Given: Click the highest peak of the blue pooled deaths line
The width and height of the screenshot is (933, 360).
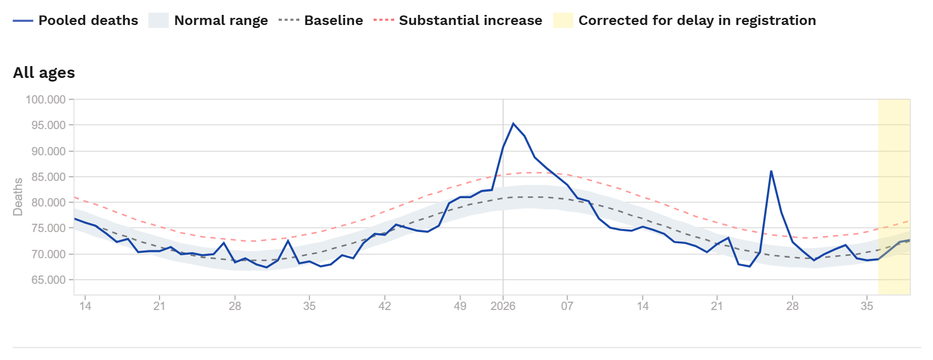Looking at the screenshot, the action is click(513, 123).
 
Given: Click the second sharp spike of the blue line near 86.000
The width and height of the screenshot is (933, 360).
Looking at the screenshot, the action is click(771, 171).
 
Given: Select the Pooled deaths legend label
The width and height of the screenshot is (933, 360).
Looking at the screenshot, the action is click(88, 20).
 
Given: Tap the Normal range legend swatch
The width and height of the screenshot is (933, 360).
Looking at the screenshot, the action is click(158, 20).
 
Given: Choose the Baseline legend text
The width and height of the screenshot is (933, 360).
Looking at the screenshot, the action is click(334, 20).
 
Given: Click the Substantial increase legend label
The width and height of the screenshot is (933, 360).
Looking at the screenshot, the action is click(471, 20).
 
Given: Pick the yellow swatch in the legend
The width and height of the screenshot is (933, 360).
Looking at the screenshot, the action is click(563, 20).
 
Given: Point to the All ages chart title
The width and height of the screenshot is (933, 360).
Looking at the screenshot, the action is click(44, 73).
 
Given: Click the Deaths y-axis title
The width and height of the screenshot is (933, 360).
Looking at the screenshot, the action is click(18, 197).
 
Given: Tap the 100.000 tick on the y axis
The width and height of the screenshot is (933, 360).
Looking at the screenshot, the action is click(46, 99).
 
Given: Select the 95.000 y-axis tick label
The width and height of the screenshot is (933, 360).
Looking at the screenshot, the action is click(49, 125).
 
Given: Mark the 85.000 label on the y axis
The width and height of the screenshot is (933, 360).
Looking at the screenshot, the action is click(49, 177).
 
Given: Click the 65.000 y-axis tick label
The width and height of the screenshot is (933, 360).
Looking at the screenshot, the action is click(49, 280).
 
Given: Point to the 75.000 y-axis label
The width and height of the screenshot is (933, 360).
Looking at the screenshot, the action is click(49, 228).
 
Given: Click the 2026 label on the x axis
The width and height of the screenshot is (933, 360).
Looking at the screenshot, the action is click(503, 306).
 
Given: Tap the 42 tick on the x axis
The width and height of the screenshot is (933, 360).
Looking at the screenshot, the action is click(384, 306).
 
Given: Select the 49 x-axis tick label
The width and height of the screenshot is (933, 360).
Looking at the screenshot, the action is click(460, 306).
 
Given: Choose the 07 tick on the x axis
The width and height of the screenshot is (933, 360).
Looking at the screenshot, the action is click(567, 306).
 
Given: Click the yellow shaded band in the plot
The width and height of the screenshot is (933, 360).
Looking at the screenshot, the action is click(894, 197).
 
